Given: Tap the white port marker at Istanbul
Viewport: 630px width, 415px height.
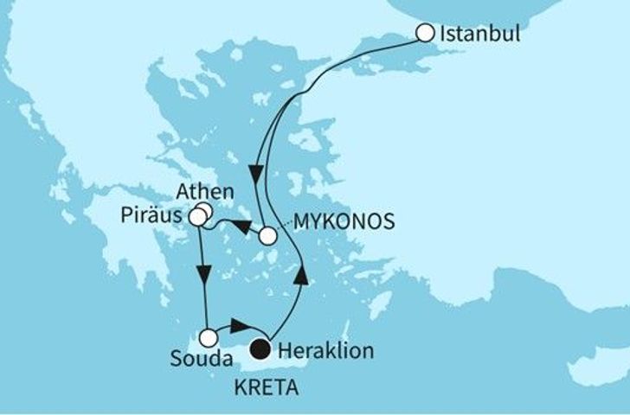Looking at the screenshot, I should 424,34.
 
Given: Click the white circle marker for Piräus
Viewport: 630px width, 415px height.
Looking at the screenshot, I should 198,218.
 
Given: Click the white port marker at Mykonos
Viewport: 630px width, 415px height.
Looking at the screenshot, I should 268,235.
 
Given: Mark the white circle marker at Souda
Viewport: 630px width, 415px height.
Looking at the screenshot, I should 208,338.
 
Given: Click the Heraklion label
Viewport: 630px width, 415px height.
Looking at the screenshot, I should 319,351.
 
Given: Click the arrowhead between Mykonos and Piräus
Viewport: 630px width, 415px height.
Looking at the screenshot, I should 244,227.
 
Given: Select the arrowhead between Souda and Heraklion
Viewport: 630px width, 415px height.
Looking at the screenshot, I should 241,326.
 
